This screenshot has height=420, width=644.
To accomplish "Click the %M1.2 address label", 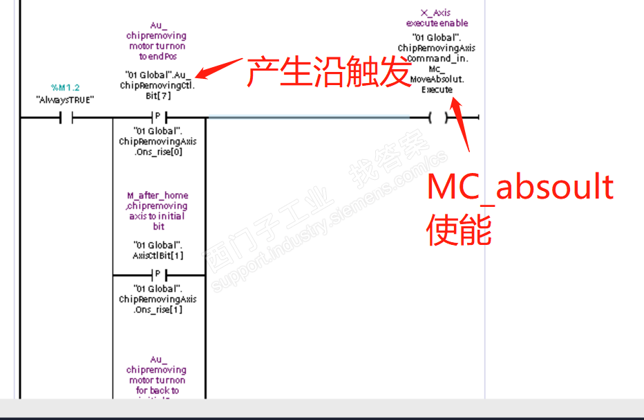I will pos(65,88).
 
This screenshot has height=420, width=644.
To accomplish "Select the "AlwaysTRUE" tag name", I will pos(65,100).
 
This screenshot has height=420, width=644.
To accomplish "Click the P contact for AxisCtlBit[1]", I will pos(158,275).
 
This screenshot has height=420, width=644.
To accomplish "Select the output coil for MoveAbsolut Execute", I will pos(437,118).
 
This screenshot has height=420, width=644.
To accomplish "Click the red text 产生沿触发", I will pos(329,72).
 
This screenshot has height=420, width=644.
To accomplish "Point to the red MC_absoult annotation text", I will pos(520,187).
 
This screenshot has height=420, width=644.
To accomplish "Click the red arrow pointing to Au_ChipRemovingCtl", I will pos(217,68).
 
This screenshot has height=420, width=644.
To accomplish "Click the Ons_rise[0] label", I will pos(158,152).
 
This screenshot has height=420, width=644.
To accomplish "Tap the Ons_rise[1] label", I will pos(158,309).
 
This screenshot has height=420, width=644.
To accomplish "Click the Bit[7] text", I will pos(158,96).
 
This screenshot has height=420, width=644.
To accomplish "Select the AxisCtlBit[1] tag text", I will pos(158,255).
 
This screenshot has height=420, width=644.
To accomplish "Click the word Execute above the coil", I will pos(437,89).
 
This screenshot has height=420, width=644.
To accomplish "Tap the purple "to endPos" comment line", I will pos(158,57).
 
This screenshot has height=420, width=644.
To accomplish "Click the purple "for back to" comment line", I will pos(157,390).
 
